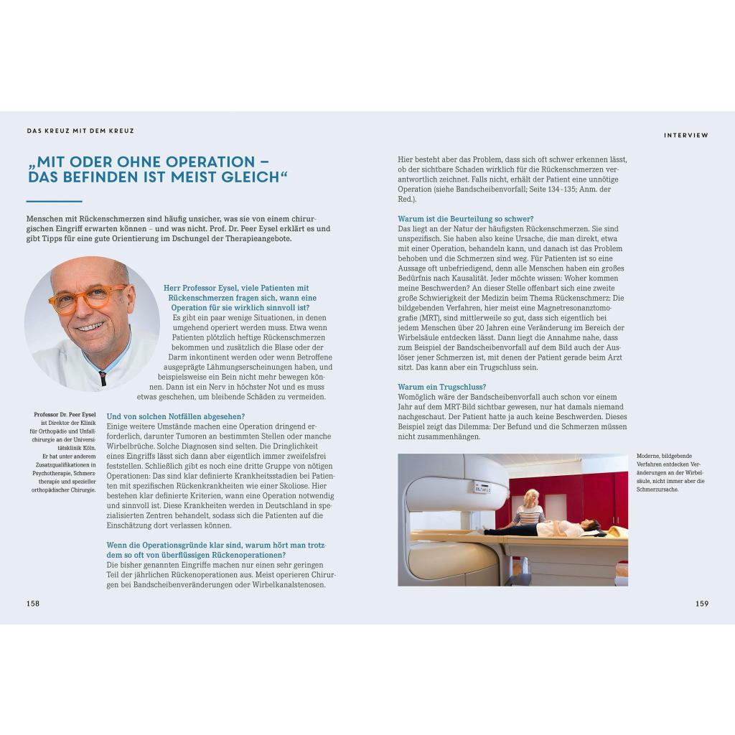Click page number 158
[x=33, y=604]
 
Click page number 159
[x=701, y=604]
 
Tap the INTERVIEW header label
[x=685, y=135]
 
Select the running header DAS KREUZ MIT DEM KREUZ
[x=80, y=131]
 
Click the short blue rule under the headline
[x=54, y=202]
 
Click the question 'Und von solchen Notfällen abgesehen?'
[x=176, y=416]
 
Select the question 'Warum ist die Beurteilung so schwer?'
[x=465, y=219]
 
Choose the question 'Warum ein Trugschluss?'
[x=442, y=387]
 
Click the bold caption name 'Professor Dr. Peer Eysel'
[x=65, y=415]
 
